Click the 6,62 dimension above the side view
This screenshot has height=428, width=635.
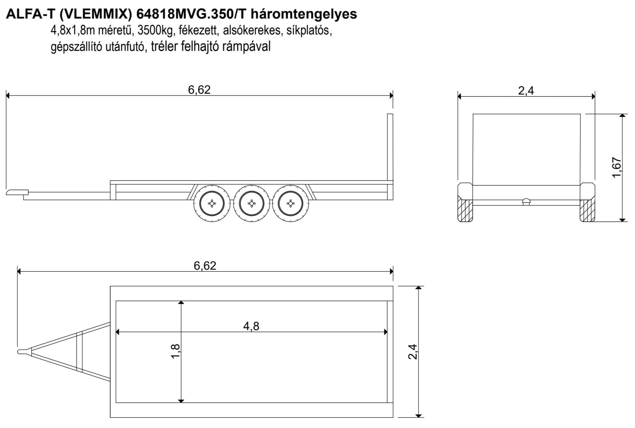click(x=199, y=90)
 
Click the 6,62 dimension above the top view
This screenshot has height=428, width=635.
click(x=205, y=265)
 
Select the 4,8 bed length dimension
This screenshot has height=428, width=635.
click(x=251, y=326)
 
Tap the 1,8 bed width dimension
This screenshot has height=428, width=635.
click(x=175, y=351)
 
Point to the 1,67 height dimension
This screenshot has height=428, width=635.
click(x=617, y=167)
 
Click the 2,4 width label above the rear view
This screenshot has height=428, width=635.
click(x=526, y=90)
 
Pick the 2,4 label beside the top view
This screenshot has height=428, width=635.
click(x=413, y=351)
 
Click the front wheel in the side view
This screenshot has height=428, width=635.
click(x=212, y=203)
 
